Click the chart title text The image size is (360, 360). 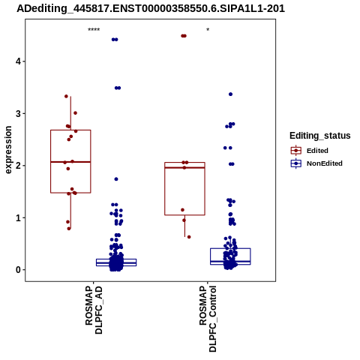pyautogui.click(x=151, y=8)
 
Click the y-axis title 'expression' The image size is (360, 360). pyautogui.click(x=8, y=150)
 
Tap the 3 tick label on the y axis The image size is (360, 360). pyautogui.click(x=18, y=113)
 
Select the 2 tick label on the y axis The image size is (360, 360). pyautogui.click(x=18, y=166)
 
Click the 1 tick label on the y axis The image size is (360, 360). pyautogui.click(x=18, y=217)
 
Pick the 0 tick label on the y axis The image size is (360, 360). pyautogui.click(x=18, y=270)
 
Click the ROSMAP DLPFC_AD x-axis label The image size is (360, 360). pyautogui.click(x=94, y=310)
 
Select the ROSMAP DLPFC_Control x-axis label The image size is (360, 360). pyautogui.click(x=208, y=319)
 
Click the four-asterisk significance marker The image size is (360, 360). pyautogui.click(x=94, y=30)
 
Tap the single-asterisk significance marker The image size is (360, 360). pyautogui.click(x=208, y=30)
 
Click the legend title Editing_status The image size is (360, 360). pyautogui.click(x=320, y=136)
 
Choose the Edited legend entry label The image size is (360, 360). pyautogui.click(x=317, y=151)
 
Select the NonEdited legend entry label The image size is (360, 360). pyautogui.click(x=325, y=163)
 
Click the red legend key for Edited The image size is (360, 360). pyautogui.click(x=296, y=151)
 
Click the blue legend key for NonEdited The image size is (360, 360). pyautogui.click(x=296, y=163)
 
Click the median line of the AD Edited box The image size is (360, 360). pyautogui.click(x=70, y=162)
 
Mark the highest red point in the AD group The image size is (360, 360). pyautogui.click(x=66, y=96)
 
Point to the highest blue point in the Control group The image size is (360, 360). pyautogui.click(x=230, y=94)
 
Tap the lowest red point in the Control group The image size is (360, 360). pyautogui.click(x=189, y=237)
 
